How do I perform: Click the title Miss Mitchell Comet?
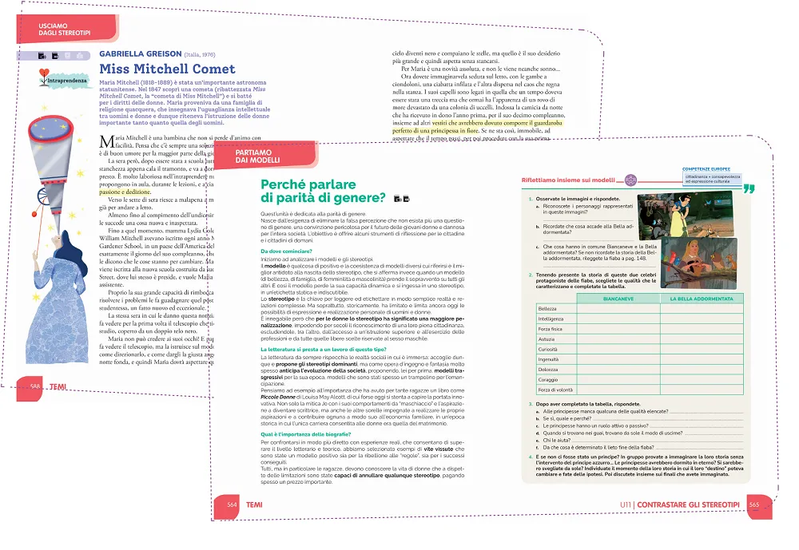pyautogui.click(x=167, y=69)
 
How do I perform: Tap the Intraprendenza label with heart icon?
pyautogui.click(x=62, y=81)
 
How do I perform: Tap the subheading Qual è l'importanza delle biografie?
pyautogui.click(x=313, y=433)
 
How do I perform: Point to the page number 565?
pyautogui.click(x=753, y=504)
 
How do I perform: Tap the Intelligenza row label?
pyautogui.click(x=551, y=319)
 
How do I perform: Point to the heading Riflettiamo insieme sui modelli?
pyautogui.click(x=568, y=181)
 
